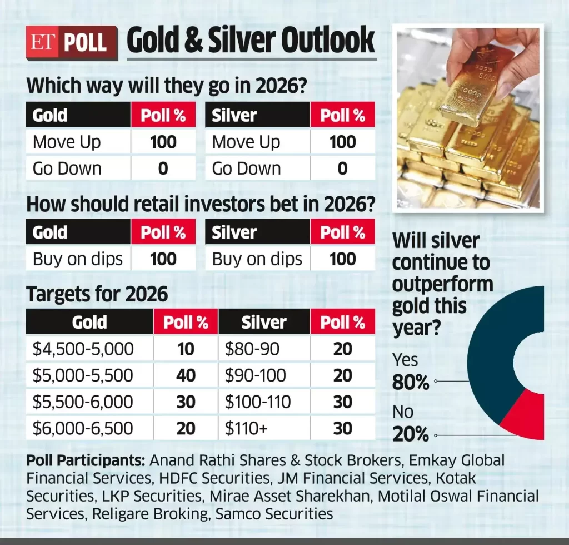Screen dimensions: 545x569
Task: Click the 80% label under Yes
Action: [411, 383]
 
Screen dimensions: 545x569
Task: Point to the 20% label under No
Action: [411, 434]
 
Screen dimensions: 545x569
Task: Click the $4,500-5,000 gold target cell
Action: [83, 349]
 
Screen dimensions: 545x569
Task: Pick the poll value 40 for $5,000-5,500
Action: [186, 375]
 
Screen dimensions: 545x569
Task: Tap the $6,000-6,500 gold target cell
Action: [83, 428]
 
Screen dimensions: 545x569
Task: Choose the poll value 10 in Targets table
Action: [186, 349]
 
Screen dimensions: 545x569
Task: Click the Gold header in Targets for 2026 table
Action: [89, 323]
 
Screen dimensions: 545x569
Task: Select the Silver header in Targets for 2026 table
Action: [264, 323]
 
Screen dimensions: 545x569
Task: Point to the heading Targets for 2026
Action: [97, 294]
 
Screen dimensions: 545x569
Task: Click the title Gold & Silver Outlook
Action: [251, 41]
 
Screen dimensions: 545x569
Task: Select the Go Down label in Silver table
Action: [247, 169]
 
